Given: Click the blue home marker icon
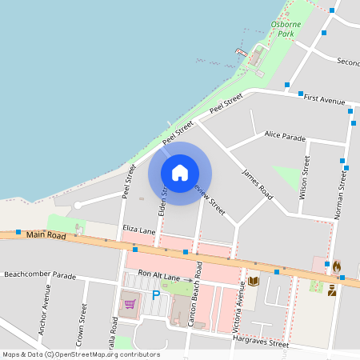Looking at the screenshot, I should click(x=180, y=173).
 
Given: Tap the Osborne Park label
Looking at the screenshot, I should click(x=285, y=30).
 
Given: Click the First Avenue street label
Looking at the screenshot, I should click(x=325, y=100).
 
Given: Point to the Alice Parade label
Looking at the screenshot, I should click(x=285, y=135).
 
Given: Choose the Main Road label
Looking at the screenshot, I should click(x=45, y=234).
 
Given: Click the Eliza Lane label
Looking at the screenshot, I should click(x=139, y=230).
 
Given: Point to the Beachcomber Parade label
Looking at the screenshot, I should click(x=40, y=275).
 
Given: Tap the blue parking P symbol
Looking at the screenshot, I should click(x=156, y=295).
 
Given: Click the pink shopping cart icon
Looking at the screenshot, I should click(x=129, y=304).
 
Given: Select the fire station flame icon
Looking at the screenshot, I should click(x=337, y=266).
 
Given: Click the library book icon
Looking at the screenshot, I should click(x=254, y=281).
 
